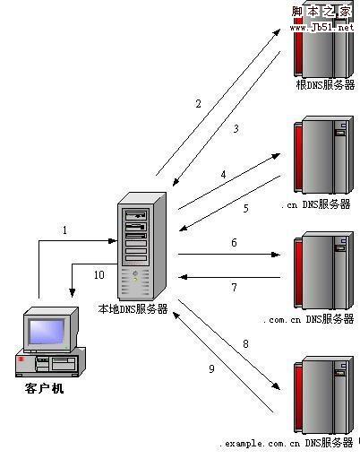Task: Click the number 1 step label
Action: (x=64, y=230)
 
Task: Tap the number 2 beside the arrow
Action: (x=199, y=104)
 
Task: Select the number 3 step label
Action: (x=236, y=129)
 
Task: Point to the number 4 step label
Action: (x=223, y=174)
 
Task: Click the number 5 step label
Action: (x=244, y=209)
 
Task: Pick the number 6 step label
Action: (x=234, y=243)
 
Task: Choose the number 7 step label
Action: (x=234, y=288)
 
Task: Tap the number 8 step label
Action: (x=244, y=342)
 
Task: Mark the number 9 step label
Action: (x=212, y=368)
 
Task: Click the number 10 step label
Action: (x=99, y=275)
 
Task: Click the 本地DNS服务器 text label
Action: (x=133, y=309)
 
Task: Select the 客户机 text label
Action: (x=45, y=390)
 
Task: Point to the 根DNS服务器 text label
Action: (x=325, y=84)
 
